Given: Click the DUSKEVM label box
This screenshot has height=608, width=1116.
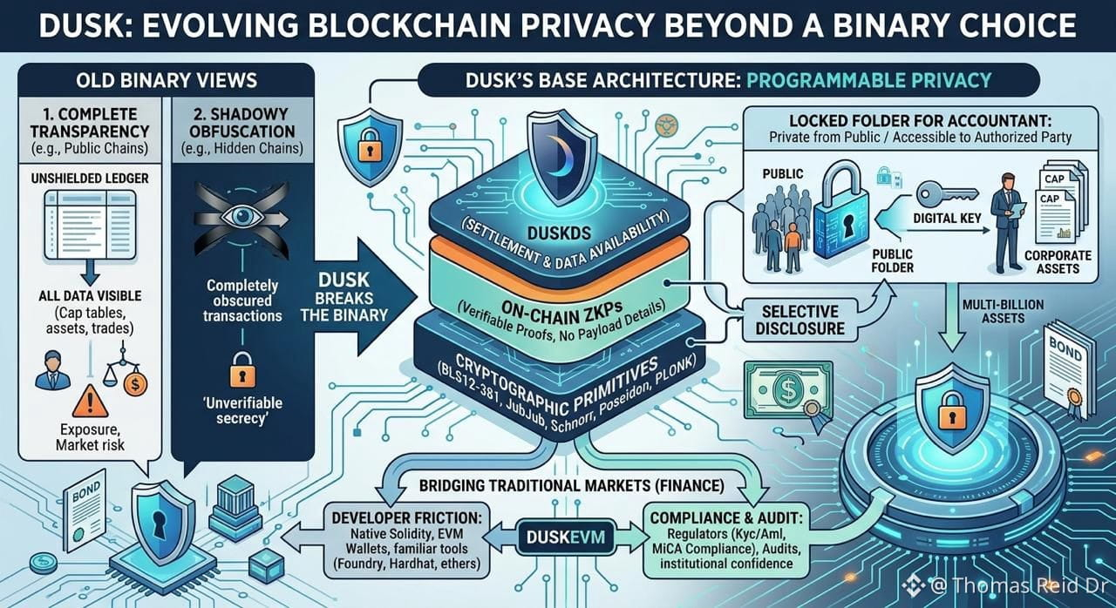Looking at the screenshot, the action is coord(566,537).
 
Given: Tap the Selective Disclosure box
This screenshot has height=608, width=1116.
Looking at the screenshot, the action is coord(800,320).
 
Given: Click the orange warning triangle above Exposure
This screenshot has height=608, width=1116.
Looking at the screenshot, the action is coord(90,401).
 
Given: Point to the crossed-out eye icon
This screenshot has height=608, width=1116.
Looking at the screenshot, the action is coord(242,218).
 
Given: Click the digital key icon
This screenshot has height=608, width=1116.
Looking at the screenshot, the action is coord(947,195).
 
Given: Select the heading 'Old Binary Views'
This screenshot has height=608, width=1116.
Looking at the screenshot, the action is coord(167,81).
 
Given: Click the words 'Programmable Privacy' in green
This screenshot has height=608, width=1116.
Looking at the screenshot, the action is coord(869,80).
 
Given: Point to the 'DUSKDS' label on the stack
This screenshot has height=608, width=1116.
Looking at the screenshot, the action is coord(559,233).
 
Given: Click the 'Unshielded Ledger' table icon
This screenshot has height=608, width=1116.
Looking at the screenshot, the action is coord(90,225).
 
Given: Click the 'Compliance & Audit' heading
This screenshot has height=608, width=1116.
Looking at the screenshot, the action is coord(726,518).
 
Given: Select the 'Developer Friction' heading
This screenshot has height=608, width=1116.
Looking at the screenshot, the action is coord(406,518).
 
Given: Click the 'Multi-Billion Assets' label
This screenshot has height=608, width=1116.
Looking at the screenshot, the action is coord(1003,312).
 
